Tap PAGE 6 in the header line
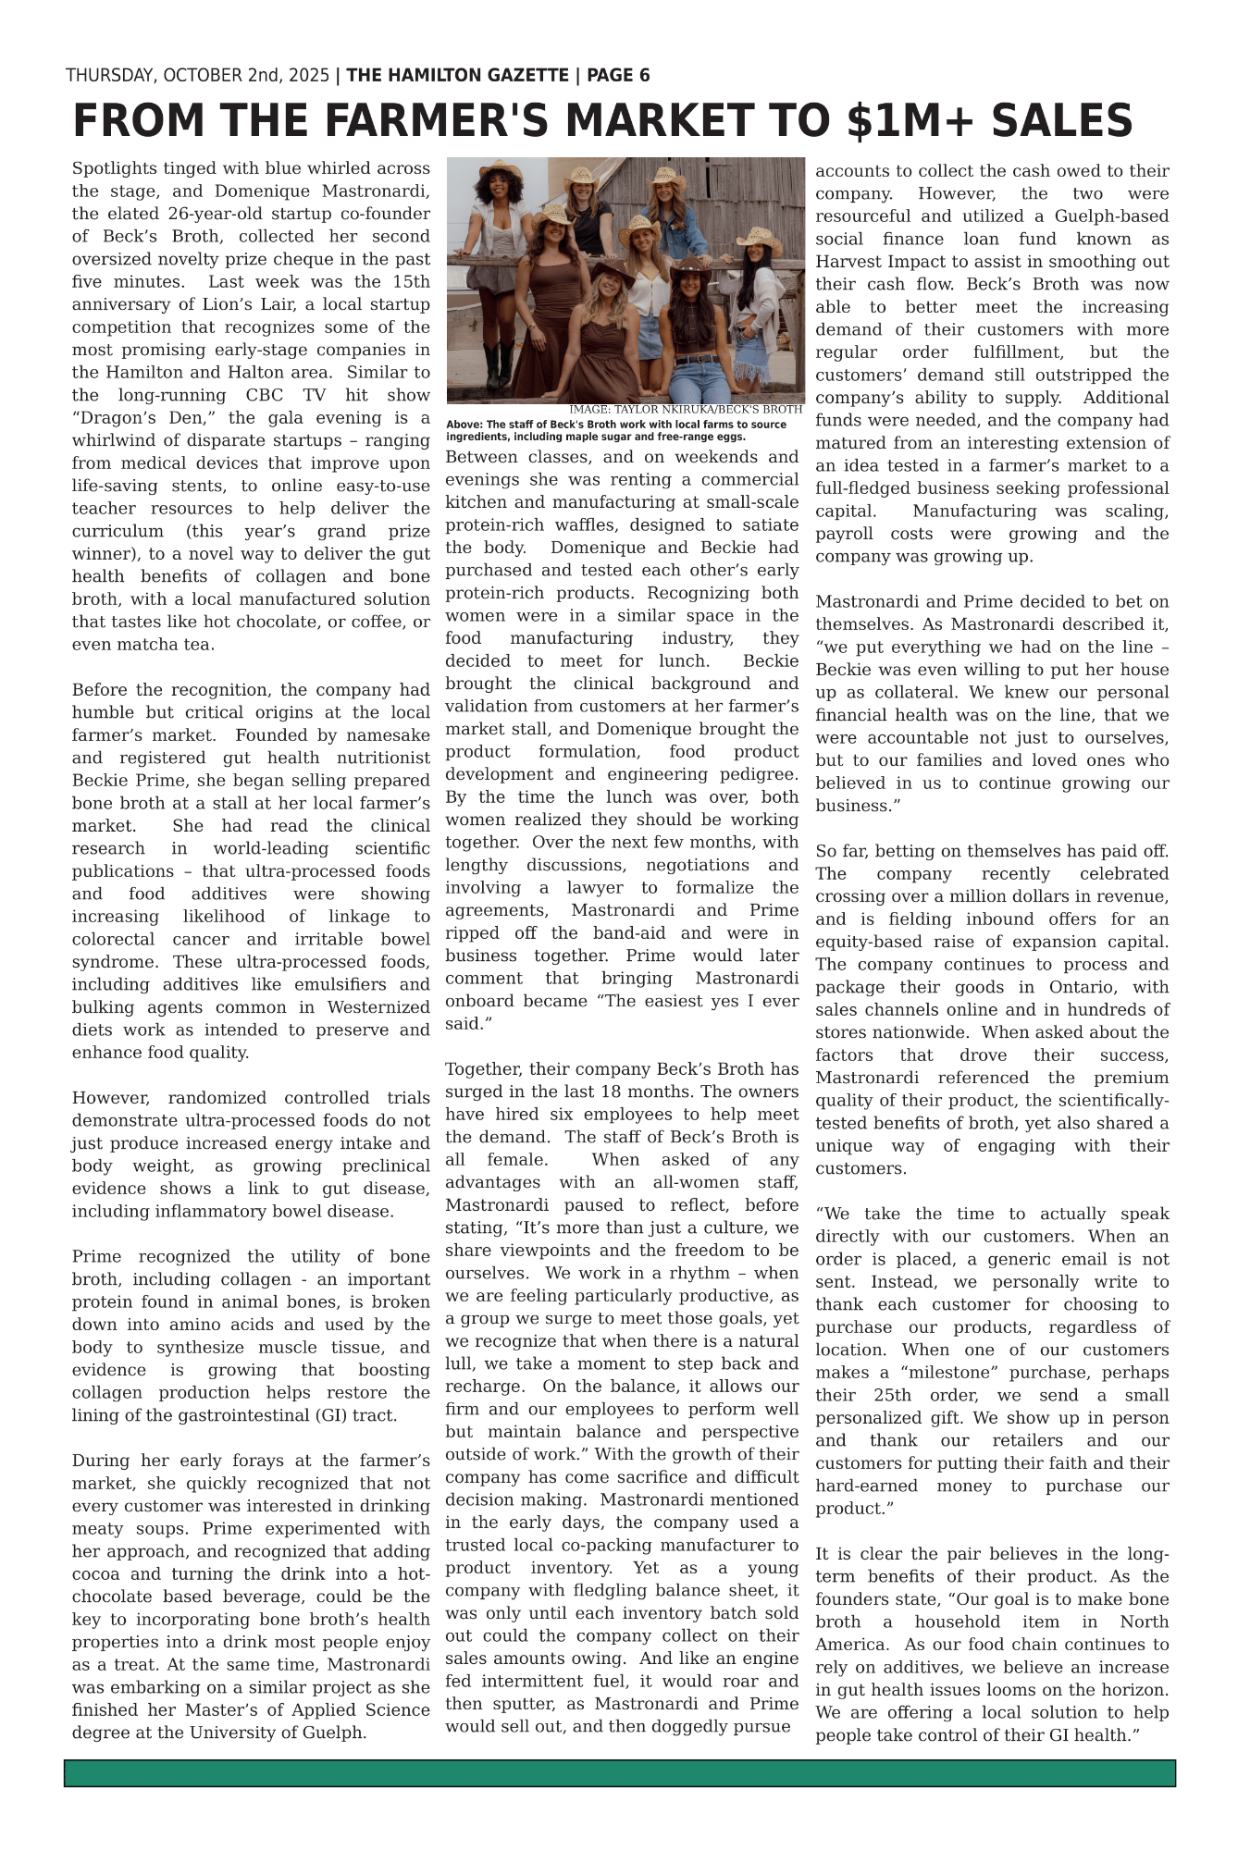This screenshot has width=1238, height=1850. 618,76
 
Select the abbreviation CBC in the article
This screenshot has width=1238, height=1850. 276,396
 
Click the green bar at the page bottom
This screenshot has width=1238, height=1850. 619,1773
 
